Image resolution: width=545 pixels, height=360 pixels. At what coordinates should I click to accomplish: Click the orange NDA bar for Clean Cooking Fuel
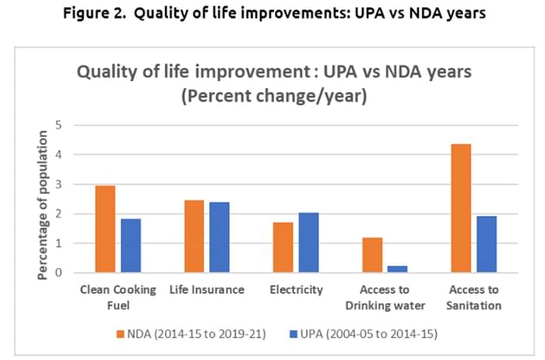click(105, 229)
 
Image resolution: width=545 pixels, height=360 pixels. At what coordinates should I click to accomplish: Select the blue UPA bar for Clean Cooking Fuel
click(130, 245)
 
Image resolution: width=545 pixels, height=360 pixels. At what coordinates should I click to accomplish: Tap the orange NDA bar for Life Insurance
click(194, 236)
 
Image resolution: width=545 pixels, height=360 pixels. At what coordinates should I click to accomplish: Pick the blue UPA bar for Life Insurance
click(219, 238)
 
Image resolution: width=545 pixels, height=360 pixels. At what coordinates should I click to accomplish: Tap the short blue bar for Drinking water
click(397, 269)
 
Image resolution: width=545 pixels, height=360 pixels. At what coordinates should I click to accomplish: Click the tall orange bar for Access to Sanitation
click(460, 208)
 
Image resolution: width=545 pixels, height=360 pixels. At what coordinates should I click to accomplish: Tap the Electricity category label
click(295, 290)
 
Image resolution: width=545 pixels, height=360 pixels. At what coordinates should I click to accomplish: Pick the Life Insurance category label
click(206, 290)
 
